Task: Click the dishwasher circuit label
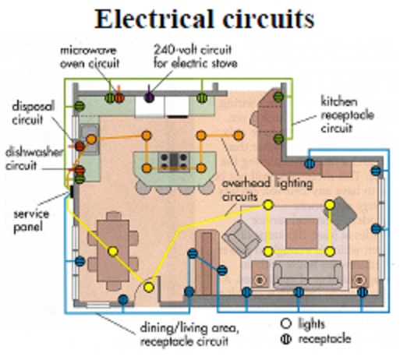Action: [x=29, y=159]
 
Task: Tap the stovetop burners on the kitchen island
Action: [x=172, y=161]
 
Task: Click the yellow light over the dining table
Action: [x=112, y=252]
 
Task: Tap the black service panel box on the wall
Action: [x=71, y=189]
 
